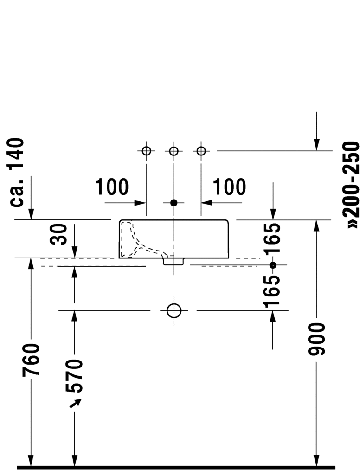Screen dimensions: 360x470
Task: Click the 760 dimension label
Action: point(31,360)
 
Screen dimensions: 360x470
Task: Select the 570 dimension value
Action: point(74,376)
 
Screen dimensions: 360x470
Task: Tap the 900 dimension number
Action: point(316,339)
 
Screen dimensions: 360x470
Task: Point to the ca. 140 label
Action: point(17,172)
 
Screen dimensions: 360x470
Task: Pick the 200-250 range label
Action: point(352,185)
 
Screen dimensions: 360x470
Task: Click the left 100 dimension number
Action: point(112,187)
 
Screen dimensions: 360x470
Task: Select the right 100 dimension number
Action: point(229,187)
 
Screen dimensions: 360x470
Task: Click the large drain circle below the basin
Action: point(174,310)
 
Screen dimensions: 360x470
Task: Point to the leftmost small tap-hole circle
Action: point(146,151)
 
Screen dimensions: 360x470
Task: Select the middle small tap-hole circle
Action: point(174,151)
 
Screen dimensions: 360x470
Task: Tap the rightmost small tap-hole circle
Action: point(201,151)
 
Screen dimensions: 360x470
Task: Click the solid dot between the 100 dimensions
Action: point(174,203)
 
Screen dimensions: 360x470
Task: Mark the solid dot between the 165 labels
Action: point(273,265)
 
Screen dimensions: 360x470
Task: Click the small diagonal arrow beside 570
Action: point(75,404)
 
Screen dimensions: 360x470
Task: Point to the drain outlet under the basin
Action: point(173,262)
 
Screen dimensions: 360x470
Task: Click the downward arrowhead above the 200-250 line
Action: point(316,145)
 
